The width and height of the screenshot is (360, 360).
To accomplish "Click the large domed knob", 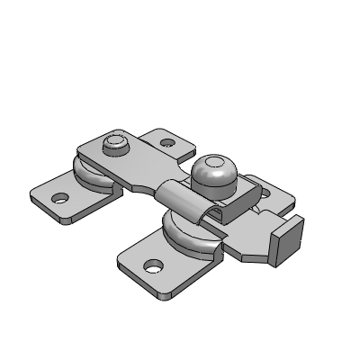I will tap(213, 172).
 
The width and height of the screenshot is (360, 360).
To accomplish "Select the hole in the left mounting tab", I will tap(61, 198).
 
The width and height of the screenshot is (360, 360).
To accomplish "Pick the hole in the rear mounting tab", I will tap(168, 142).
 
